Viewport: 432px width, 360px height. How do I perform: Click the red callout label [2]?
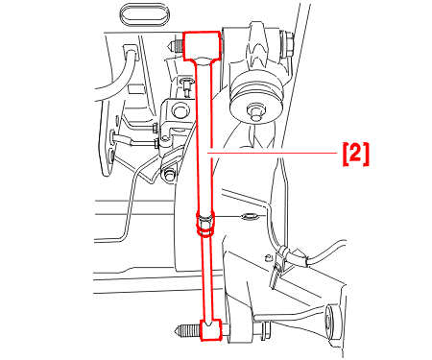356,155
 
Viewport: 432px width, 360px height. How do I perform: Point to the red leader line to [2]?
272,153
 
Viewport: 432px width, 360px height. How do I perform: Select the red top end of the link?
202,46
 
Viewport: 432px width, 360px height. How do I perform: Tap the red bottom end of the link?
210,329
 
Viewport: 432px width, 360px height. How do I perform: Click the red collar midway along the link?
204,224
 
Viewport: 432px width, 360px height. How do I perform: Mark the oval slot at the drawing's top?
144,14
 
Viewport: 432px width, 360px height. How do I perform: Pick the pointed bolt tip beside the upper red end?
176,46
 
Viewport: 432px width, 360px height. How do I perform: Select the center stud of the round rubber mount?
255,111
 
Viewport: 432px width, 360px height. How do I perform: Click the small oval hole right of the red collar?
250,217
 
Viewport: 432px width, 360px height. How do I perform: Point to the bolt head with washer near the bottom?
262,331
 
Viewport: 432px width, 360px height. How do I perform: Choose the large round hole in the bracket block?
180,109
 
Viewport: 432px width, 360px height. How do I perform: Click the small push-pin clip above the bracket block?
186,85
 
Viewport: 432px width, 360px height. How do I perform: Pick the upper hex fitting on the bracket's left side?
155,128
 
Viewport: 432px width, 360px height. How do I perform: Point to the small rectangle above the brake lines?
135,88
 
